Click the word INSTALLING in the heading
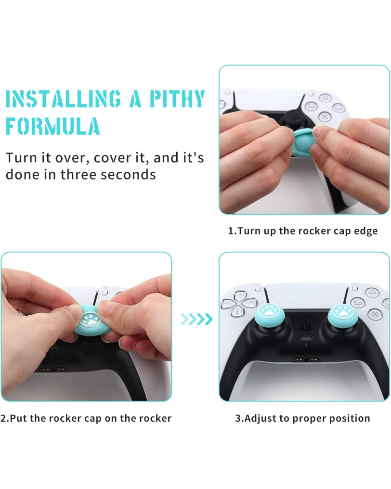pyautogui.click(x=64, y=99)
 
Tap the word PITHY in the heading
pyautogui.click(x=177, y=99)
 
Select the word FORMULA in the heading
pyautogui.click(x=53, y=126)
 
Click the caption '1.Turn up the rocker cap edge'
pyautogui.click(x=303, y=231)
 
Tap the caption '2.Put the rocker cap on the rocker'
pyautogui.click(x=86, y=418)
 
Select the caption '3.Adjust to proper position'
pyautogui.click(x=303, y=418)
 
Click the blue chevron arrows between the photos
pyautogui.click(x=196, y=319)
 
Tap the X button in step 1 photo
pyautogui.click(x=325, y=116)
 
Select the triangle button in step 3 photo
pyautogui.click(x=372, y=292)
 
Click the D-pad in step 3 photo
pyautogui.click(x=239, y=303)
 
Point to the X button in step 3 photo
pyautogui.click(x=375, y=313)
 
